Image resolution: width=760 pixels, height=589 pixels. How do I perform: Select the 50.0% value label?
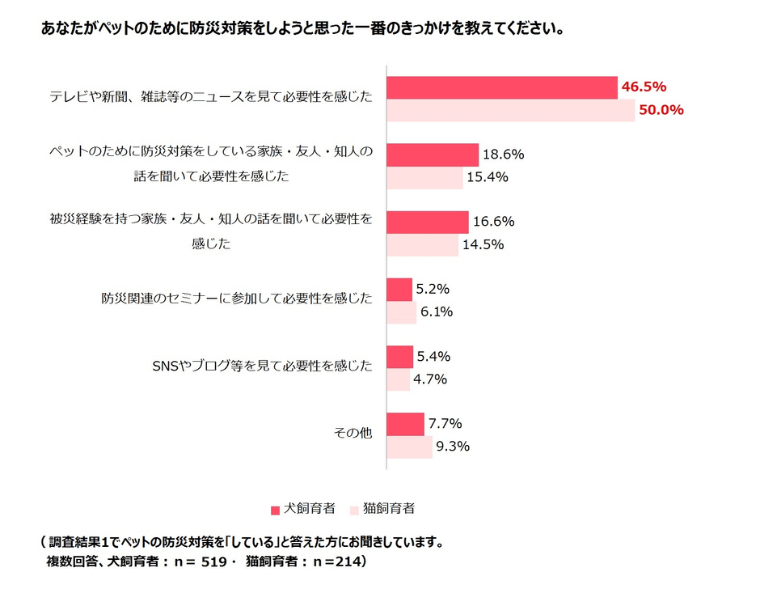(x=661, y=110)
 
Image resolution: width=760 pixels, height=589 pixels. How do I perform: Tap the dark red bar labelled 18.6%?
(x=433, y=155)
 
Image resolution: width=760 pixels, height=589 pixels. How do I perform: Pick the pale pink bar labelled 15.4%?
(x=424, y=177)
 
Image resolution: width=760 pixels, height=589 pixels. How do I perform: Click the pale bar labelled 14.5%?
(x=422, y=244)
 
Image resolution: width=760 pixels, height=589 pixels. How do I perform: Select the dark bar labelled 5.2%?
(x=400, y=289)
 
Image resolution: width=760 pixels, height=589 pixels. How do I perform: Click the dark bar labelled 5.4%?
(x=401, y=356)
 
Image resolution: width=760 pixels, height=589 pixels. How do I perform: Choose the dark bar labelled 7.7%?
(x=405, y=423)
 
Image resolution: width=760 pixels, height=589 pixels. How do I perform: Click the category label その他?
(x=353, y=434)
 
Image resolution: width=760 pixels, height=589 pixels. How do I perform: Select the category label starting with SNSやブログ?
(x=263, y=367)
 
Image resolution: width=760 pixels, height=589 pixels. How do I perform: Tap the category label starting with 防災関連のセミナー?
(x=237, y=299)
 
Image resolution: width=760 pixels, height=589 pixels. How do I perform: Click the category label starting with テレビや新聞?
(x=211, y=97)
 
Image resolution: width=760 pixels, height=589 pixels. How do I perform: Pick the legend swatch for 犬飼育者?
(x=275, y=511)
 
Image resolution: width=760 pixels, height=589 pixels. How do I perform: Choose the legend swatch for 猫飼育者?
(x=354, y=511)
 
